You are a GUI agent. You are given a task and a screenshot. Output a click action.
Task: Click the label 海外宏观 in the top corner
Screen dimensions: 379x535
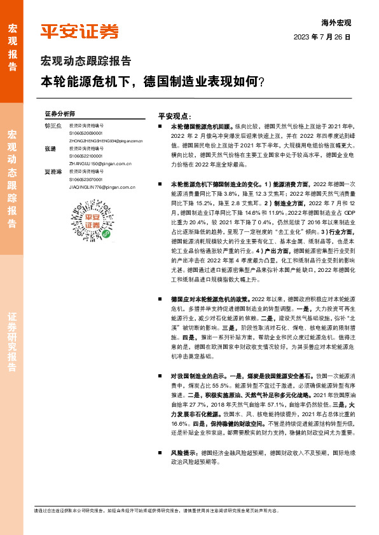336,22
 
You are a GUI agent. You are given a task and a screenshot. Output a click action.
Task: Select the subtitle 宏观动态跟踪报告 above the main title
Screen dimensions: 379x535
86,62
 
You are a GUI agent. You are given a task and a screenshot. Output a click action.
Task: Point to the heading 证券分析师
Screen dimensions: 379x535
60,112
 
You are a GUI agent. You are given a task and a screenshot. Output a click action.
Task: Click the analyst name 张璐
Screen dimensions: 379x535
50,148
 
